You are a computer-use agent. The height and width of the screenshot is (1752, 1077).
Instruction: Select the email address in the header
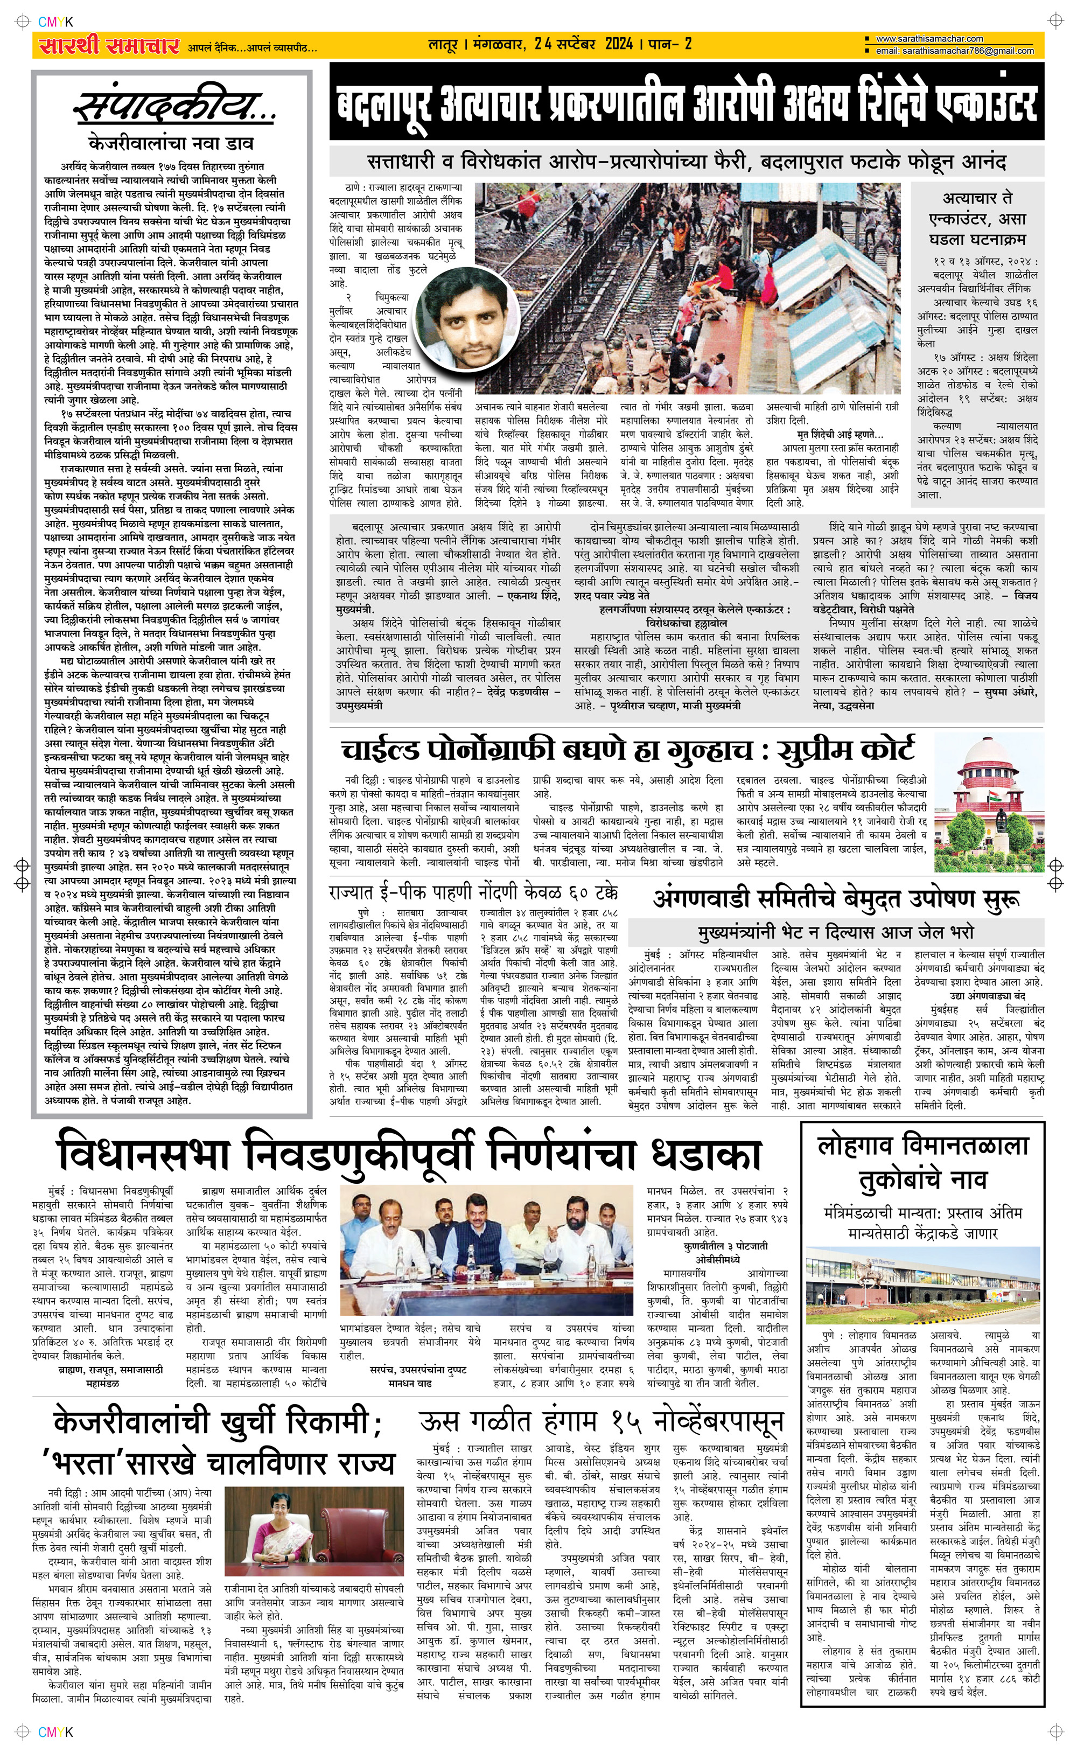pyautogui.click(x=954, y=51)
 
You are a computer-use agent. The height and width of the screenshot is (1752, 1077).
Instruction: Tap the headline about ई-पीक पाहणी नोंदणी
pyautogui.click(x=474, y=892)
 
